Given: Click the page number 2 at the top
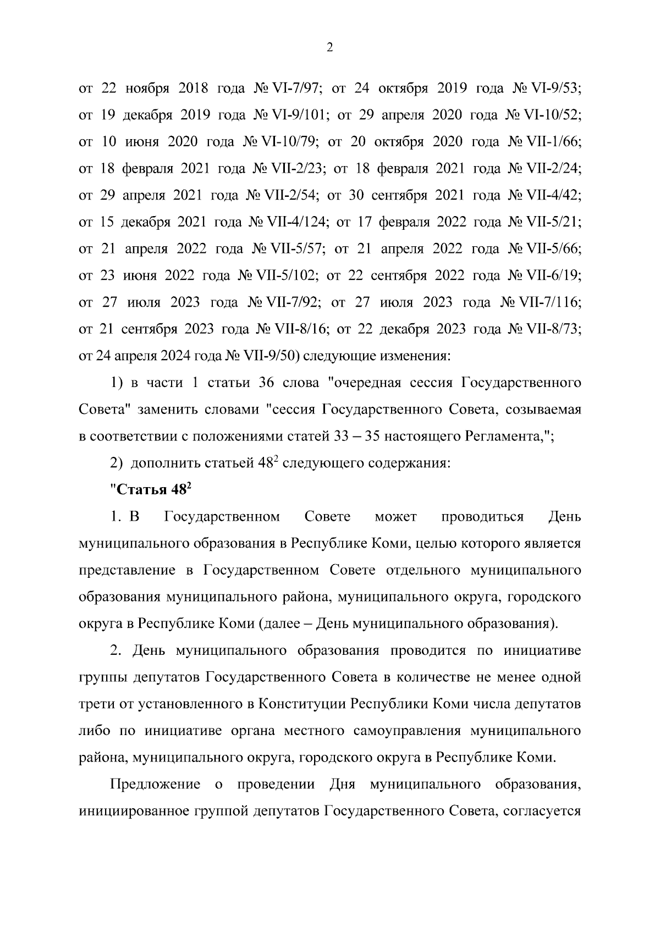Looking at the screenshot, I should click(329, 48).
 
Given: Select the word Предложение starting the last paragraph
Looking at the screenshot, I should click(155, 784).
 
